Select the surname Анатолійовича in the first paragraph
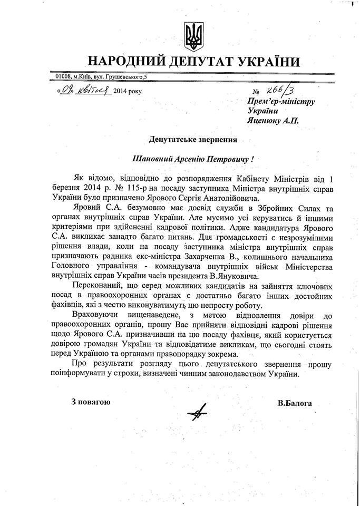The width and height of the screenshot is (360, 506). click(241, 198)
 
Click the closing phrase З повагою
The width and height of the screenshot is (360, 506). click(91, 403)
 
